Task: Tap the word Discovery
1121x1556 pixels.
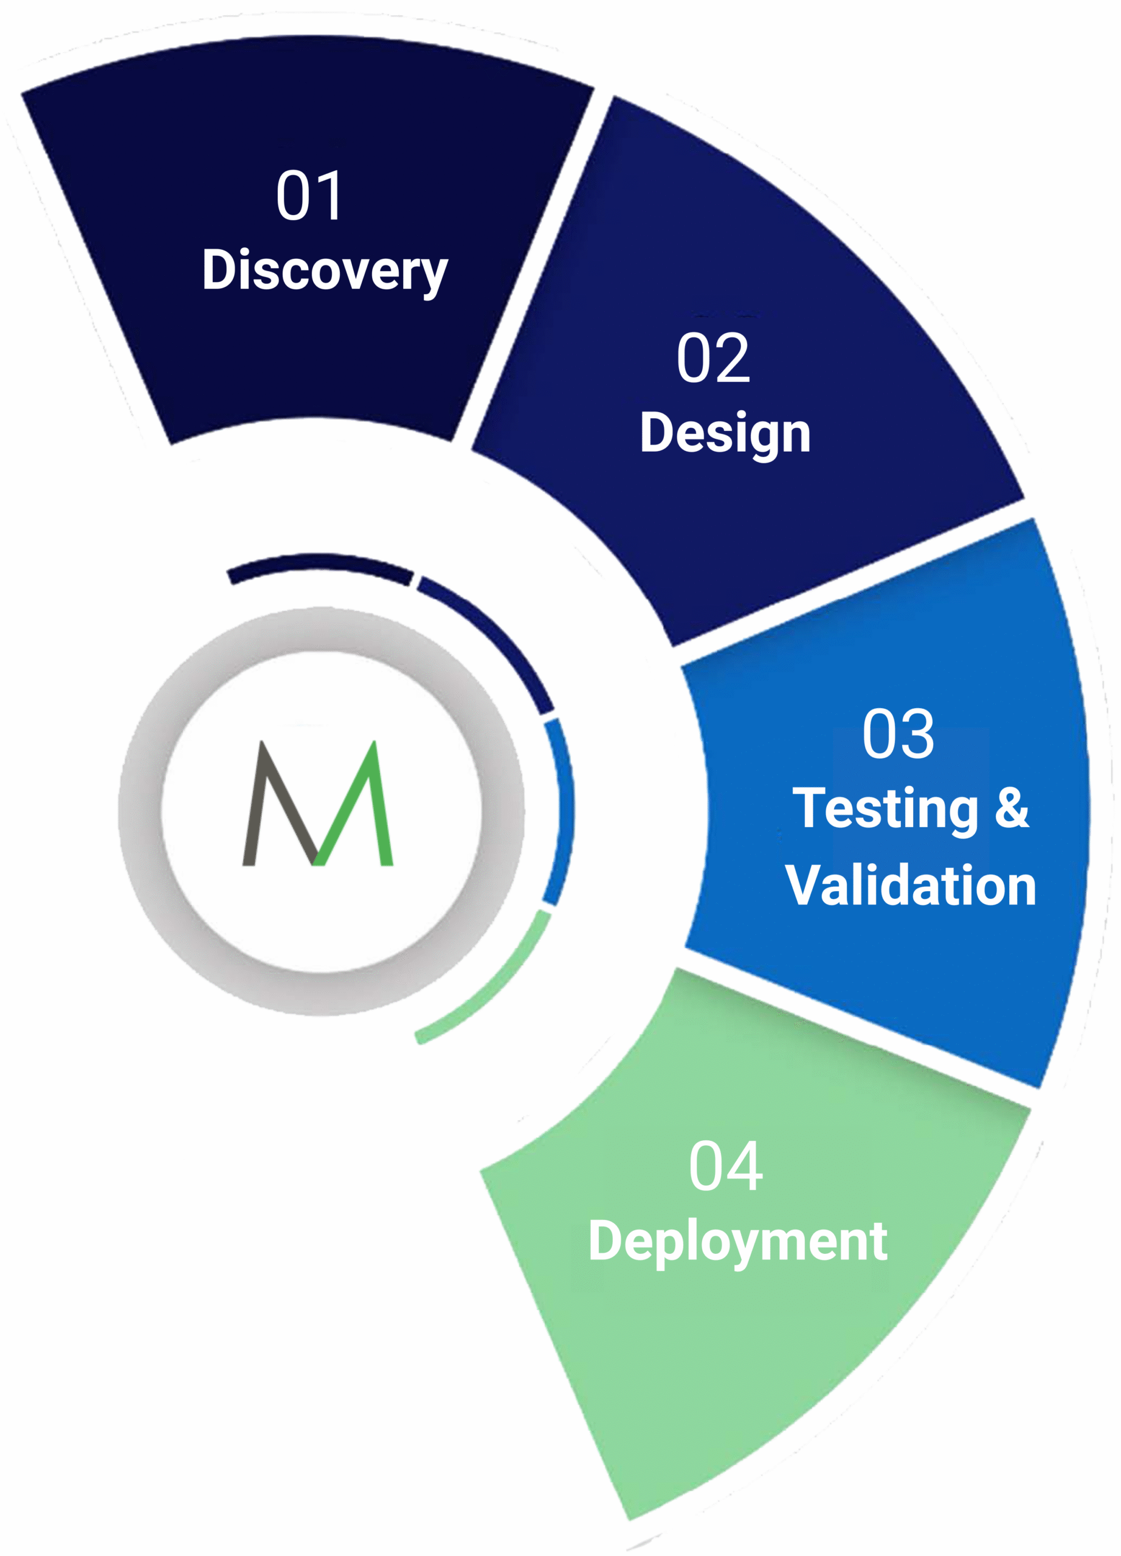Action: (x=325, y=271)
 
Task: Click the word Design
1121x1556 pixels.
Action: (x=725, y=433)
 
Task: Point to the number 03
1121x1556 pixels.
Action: (x=898, y=734)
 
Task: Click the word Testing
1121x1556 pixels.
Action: (x=885, y=810)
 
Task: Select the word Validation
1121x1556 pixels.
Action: (x=911, y=886)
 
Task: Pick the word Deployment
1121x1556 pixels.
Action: (x=737, y=1242)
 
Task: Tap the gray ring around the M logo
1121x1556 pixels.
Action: (x=140, y=810)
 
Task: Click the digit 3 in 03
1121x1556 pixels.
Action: (x=917, y=734)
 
